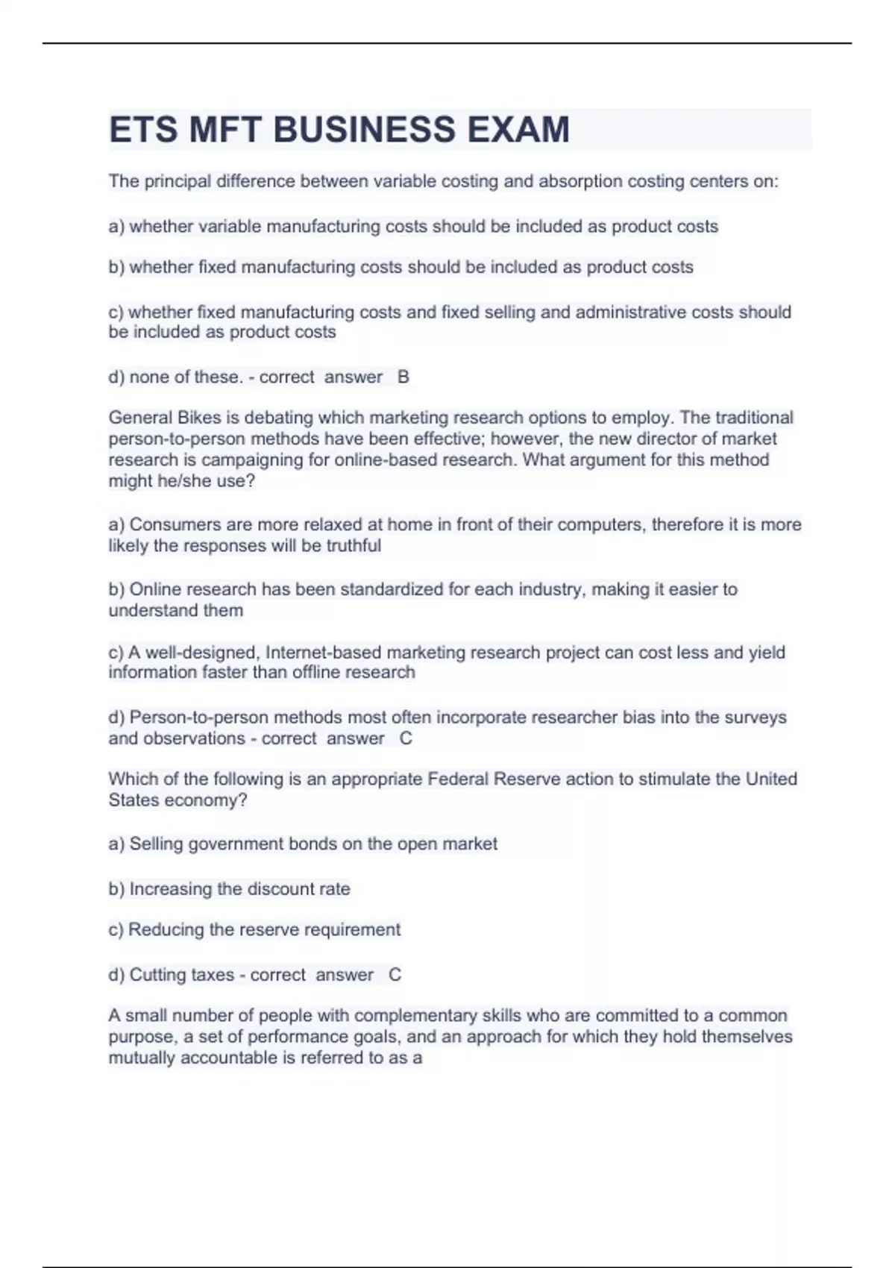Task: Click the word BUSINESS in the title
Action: (x=364, y=130)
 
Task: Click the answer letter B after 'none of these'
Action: (x=403, y=377)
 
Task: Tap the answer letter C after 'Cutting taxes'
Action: (x=395, y=975)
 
